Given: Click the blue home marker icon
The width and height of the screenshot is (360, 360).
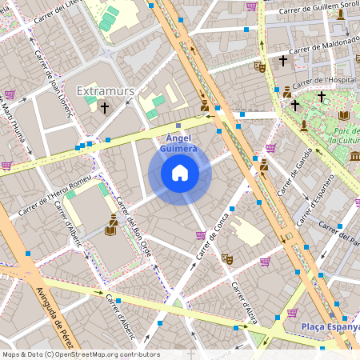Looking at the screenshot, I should pos(180,172).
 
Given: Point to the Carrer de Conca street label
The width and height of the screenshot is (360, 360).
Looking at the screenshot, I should pos(213,235).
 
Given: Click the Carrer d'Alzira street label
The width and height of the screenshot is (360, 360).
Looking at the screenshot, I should pos(242,300).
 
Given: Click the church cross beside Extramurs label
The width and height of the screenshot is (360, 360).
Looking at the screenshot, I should pos(104,107).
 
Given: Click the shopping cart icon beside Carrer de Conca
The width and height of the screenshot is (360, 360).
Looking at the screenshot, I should pos(200,235).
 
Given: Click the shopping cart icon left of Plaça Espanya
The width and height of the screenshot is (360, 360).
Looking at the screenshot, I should pos(292,313).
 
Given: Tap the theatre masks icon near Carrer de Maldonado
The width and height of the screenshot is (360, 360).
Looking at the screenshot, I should pos(259,68).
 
